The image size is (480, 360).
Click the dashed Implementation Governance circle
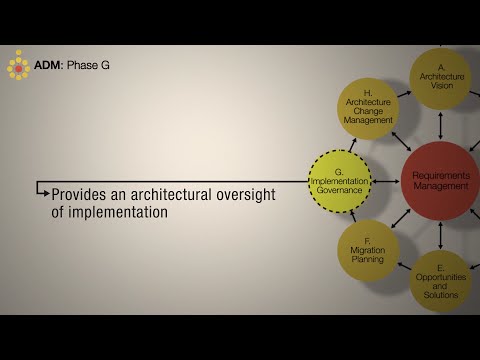tap(339, 181)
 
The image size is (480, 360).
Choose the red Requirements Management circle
tap(440, 181)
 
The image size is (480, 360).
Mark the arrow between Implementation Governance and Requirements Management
tap(386, 181)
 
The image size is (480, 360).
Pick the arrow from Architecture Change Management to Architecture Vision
tap(404, 93)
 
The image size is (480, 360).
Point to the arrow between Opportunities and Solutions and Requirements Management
tap(441, 236)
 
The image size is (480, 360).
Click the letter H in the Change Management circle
tap(368, 91)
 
